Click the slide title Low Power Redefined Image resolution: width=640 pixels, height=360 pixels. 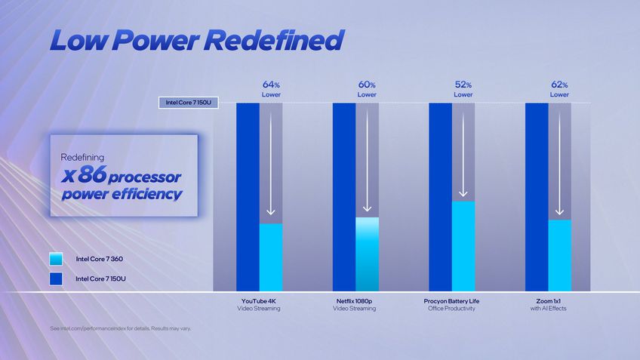(196, 40)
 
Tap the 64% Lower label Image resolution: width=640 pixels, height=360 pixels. (271, 89)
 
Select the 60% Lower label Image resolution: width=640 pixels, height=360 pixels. (367, 89)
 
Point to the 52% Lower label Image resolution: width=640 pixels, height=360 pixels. (463, 89)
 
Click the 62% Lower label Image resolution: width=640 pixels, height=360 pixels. (559, 89)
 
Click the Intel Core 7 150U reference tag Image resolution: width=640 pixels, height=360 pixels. (188, 103)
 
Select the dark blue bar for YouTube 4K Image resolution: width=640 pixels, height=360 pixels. (248, 196)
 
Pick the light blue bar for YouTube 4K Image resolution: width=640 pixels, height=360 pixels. (271, 257)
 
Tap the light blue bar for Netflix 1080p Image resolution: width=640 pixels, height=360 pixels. (367, 254)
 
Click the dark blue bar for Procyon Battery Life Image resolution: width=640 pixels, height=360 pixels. (440, 196)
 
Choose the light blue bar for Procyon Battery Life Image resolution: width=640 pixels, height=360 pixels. (463, 245)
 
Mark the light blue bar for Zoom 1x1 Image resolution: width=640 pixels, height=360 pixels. (559, 255)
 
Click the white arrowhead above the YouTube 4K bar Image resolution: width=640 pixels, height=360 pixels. (271, 212)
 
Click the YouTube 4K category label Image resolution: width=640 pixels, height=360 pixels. (259, 304)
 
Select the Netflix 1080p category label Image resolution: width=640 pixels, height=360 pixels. (355, 304)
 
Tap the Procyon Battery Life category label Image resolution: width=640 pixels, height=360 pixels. (451, 304)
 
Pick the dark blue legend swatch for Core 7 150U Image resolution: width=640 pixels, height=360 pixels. (56, 278)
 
